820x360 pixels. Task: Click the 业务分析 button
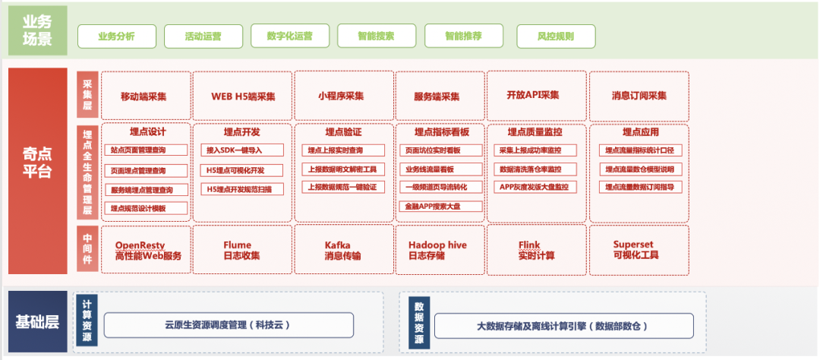pyautogui.click(x=117, y=36)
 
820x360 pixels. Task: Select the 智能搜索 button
pyautogui.click(x=376, y=36)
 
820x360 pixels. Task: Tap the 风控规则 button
pyautogui.click(x=556, y=36)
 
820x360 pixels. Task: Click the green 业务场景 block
pyautogui.click(x=37, y=30)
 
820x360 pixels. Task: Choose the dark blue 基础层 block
pyautogui.click(x=37, y=321)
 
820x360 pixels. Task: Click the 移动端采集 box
pyautogui.click(x=144, y=96)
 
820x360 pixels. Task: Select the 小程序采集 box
pyautogui.click(x=341, y=96)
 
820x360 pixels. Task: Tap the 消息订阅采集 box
pyautogui.click(x=639, y=96)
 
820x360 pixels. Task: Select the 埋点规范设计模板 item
pyautogui.click(x=148, y=207)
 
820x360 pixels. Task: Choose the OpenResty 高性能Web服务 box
pyautogui.click(x=144, y=250)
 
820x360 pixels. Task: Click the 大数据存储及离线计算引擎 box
pyautogui.click(x=563, y=326)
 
